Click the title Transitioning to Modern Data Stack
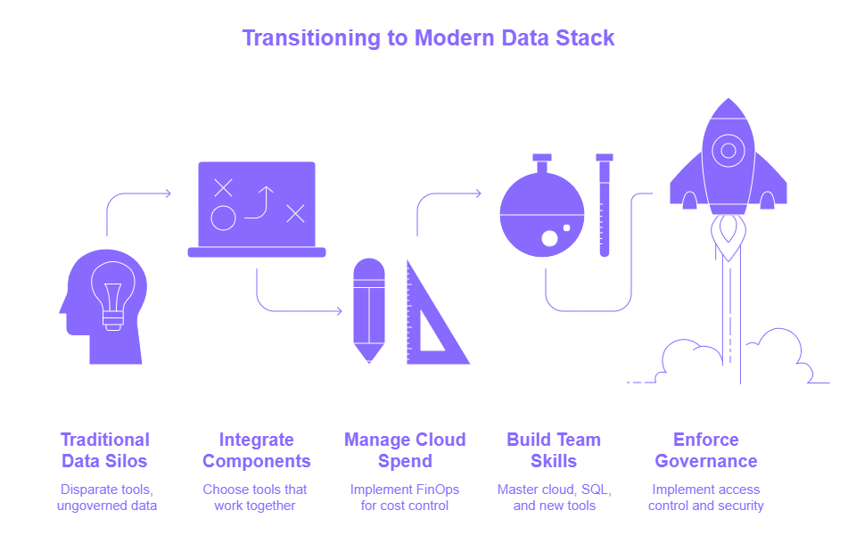click(x=428, y=38)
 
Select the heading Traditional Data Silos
click(x=104, y=450)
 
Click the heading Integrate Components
click(x=256, y=450)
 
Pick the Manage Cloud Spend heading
click(x=404, y=450)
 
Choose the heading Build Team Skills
click(x=554, y=450)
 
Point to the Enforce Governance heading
click(x=705, y=450)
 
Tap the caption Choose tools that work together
click(x=256, y=498)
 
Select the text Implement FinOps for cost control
click(x=404, y=498)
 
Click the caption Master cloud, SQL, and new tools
click(x=554, y=498)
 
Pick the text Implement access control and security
click(x=705, y=498)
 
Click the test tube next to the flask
click(x=605, y=205)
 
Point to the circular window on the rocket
click(x=728, y=150)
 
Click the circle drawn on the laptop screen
click(x=223, y=218)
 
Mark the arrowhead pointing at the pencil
click(x=339, y=311)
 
